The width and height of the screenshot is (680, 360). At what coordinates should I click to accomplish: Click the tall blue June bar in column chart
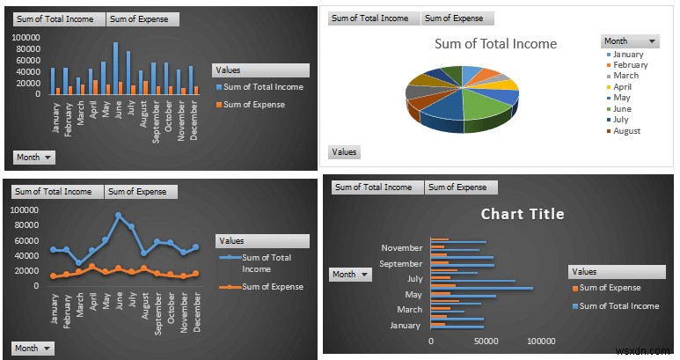pos(115,68)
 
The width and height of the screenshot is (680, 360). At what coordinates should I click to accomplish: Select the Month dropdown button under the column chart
pos(34,157)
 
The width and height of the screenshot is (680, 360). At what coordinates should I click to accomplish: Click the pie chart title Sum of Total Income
pos(495,44)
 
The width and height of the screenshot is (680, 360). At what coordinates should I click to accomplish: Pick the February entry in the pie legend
pos(630,65)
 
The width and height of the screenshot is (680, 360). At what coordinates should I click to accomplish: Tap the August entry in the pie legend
pos(627,131)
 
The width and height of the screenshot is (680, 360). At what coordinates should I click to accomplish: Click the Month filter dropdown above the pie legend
pos(630,41)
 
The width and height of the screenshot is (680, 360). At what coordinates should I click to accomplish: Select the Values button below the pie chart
pos(345,151)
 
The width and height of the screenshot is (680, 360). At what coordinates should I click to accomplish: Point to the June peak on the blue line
pos(118,215)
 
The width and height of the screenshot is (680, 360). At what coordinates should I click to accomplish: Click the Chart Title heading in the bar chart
pos(523,214)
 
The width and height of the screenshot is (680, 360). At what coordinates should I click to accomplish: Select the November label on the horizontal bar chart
pos(401,248)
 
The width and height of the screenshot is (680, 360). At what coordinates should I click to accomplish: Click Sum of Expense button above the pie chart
pos(457,18)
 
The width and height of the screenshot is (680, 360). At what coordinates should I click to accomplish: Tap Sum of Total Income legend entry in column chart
pos(263,87)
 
